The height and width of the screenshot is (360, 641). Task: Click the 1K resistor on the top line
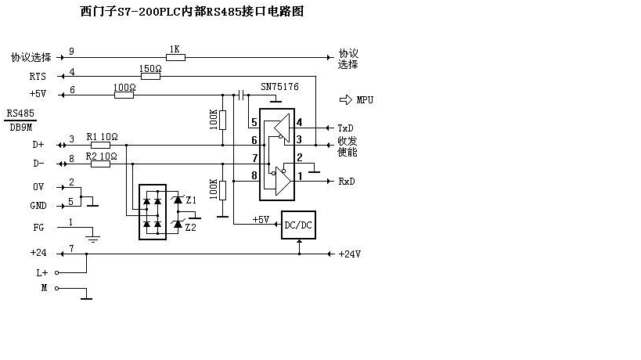click(x=175, y=58)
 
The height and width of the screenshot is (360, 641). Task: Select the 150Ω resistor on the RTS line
click(x=150, y=77)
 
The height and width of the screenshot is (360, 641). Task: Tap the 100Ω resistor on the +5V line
click(x=124, y=95)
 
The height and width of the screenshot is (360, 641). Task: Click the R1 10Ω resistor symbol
click(x=100, y=145)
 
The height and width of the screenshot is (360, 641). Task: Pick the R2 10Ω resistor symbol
click(x=100, y=164)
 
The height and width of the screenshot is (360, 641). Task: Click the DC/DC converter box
click(x=298, y=225)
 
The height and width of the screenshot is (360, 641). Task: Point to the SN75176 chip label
click(x=279, y=87)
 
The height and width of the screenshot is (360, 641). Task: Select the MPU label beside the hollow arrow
click(x=365, y=100)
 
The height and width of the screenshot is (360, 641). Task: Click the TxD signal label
click(x=345, y=128)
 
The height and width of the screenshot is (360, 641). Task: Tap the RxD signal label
click(x=346, y=182)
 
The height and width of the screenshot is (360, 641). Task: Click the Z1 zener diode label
click(x=191, y=200)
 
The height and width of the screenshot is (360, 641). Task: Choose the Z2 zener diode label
click(x=190, y=228)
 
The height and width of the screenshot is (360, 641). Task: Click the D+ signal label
click(x=38, y=145)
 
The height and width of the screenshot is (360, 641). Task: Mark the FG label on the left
click(x=38, y=228)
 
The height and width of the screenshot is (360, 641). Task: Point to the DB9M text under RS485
click(x=21, y=128)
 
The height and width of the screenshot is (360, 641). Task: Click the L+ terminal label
click(x=42, y=273)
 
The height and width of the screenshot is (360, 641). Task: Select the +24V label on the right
click(x=350, y=254)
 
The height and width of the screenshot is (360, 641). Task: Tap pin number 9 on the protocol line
click(x=71, y=52)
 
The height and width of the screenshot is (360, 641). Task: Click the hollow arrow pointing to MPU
click(x=345, y=99)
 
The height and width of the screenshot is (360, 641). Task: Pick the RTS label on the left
click(x=38, y=77)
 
